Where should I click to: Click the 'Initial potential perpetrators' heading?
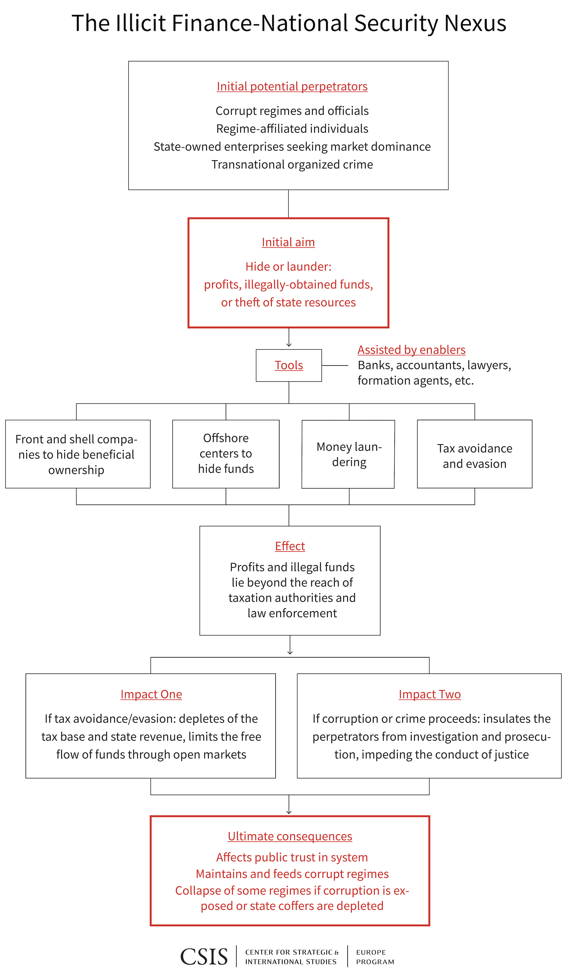point(292,86)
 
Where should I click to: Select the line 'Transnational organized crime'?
point(292,164)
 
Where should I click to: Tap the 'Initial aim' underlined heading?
point(288,242)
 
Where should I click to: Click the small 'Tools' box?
point(289,365)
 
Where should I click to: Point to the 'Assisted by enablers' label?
point(411,350)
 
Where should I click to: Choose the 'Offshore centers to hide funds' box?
point(226,453)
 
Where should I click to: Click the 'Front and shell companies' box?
point(77,454)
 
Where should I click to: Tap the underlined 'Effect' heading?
point(290,546)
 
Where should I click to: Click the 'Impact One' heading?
point(151,694)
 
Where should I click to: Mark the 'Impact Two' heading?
point(429,694)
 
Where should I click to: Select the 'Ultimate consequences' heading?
point(290,836)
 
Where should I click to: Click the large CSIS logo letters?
point(204,957)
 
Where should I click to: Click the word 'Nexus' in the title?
point(475,23)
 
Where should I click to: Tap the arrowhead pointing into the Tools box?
point(289,345)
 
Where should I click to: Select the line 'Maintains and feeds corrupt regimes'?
point(292,874)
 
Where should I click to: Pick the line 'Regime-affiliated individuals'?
point(292,129)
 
